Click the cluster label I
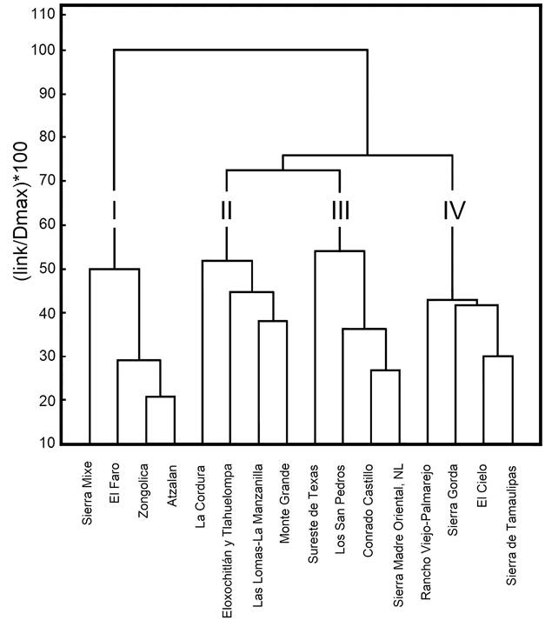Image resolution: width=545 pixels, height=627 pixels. point(114,210)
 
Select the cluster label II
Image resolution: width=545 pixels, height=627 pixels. point(226,210)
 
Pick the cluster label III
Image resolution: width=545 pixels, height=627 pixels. point(339,210)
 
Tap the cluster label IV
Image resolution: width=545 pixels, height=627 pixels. point(453,210)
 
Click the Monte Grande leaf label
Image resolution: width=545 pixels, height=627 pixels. point(284,497)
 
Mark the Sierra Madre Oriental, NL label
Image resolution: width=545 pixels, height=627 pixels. point(398,530)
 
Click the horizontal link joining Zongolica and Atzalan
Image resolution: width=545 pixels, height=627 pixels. point(160,397)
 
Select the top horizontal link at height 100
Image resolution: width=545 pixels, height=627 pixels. point(241,50)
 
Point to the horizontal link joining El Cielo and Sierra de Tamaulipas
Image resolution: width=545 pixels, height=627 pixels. point(497,357)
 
